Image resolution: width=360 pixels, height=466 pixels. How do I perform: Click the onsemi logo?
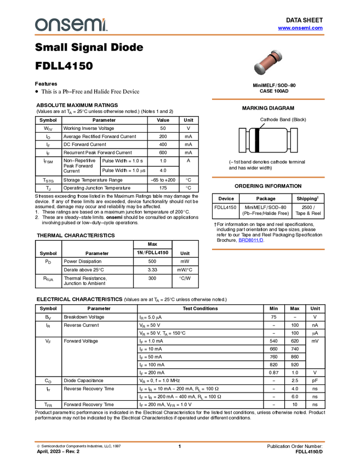[x=71, y=25]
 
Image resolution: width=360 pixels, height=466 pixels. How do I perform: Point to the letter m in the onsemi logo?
[x=90, y=25]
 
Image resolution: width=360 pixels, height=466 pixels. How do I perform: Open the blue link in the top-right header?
[x=300, y=28]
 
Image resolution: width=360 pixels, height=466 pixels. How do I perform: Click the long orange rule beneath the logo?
[x=180, y=35]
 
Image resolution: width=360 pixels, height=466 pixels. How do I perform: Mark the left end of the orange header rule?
[x=35, y=35]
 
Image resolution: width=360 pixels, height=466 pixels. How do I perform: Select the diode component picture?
[x=268, y=62]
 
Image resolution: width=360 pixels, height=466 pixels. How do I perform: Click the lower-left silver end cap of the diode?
[x=259, y=69]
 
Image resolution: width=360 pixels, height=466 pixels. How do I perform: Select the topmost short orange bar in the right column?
[x=268, y=99]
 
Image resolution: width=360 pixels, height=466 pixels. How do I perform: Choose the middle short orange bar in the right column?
[x=268, y=177]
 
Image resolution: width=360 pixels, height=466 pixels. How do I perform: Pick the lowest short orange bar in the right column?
[x=268, y=249]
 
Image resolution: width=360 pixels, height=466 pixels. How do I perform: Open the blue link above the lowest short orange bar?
[x=251, y=240]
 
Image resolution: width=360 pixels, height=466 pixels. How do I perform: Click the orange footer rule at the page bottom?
[x=180, y=441]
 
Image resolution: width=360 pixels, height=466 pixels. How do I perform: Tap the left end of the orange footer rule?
[x=35, y=441]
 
